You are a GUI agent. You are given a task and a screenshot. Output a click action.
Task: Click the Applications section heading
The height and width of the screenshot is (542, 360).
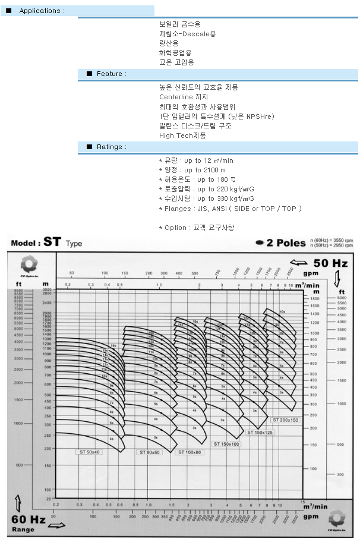click(x=40, y=11)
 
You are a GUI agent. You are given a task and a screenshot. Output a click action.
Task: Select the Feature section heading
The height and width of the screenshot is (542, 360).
click(x=112, y=74)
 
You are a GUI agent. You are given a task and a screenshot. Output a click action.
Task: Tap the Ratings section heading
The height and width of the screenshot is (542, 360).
click(x=112, y=147)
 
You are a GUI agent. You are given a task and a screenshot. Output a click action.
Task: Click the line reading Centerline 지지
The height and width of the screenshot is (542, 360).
click(x=184, y=97)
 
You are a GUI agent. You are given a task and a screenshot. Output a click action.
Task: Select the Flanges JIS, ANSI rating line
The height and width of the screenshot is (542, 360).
click(x=230, y=209)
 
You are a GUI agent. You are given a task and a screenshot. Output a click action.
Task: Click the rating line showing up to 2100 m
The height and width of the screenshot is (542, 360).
click(x=192, y=171)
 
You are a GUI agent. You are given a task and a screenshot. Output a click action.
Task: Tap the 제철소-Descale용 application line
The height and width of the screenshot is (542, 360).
click(x=187, y=34)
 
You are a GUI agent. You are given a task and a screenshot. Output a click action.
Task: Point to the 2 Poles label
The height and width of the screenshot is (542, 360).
click(x=282, y=242)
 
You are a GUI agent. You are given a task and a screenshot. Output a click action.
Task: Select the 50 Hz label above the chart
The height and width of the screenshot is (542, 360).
click(x=330, y=263)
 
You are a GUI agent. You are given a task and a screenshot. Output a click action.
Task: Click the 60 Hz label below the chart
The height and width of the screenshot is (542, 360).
click(x=29, y=519)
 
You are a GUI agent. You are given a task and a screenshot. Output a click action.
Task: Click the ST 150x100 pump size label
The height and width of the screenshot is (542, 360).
click(x=226, y=444)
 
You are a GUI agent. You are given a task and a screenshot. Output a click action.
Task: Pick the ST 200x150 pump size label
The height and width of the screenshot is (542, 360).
click(x=285, y=420)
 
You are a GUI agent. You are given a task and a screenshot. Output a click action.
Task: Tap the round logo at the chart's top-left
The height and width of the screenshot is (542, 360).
click(x=29, y=264)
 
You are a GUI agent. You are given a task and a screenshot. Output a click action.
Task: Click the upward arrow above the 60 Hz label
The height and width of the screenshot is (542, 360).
click(x=19, y=501)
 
